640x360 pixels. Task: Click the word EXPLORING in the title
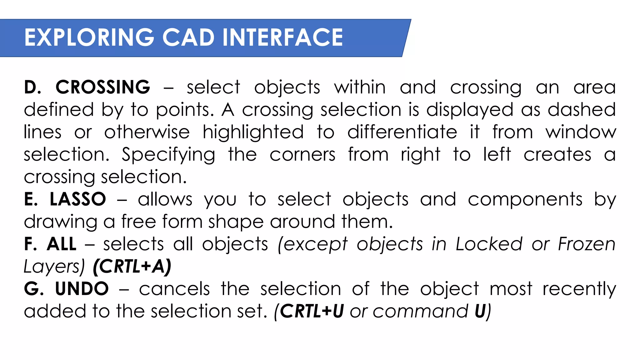point(89,37)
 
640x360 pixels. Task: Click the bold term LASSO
point(78,199)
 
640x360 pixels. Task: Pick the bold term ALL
point(62,244)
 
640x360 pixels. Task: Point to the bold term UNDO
point(82,289)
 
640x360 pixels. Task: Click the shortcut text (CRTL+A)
point(132,267)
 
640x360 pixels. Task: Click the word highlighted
point(253,132)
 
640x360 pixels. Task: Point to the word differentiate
point(402,132)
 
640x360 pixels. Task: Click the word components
point(525,199)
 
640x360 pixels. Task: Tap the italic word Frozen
point(587,244)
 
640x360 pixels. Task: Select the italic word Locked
point(489,244)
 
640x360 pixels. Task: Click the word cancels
point(174,289)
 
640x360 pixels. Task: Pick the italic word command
point(420,311)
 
